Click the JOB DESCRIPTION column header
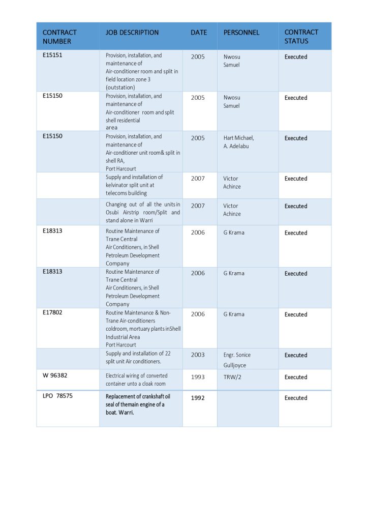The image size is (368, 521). (132, 33)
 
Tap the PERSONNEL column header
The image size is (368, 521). (241, 33)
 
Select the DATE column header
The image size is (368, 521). (199, 33)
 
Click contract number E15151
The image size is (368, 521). (52, 55)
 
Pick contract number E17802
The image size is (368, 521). (52, 312)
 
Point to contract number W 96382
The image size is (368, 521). (55, 375)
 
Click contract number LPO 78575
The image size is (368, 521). (57, 395)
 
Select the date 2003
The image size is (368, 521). (198, 355)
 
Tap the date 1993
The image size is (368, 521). (198, 378)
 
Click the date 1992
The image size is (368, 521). (198, 398)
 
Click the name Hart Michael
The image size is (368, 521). (238, 138)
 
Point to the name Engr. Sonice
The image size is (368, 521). (237, 355)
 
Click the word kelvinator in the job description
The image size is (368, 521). (119, 185)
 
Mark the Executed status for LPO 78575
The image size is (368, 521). (296, 398)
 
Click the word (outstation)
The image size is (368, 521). (120, 88)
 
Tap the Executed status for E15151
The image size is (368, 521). (296, 57)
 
